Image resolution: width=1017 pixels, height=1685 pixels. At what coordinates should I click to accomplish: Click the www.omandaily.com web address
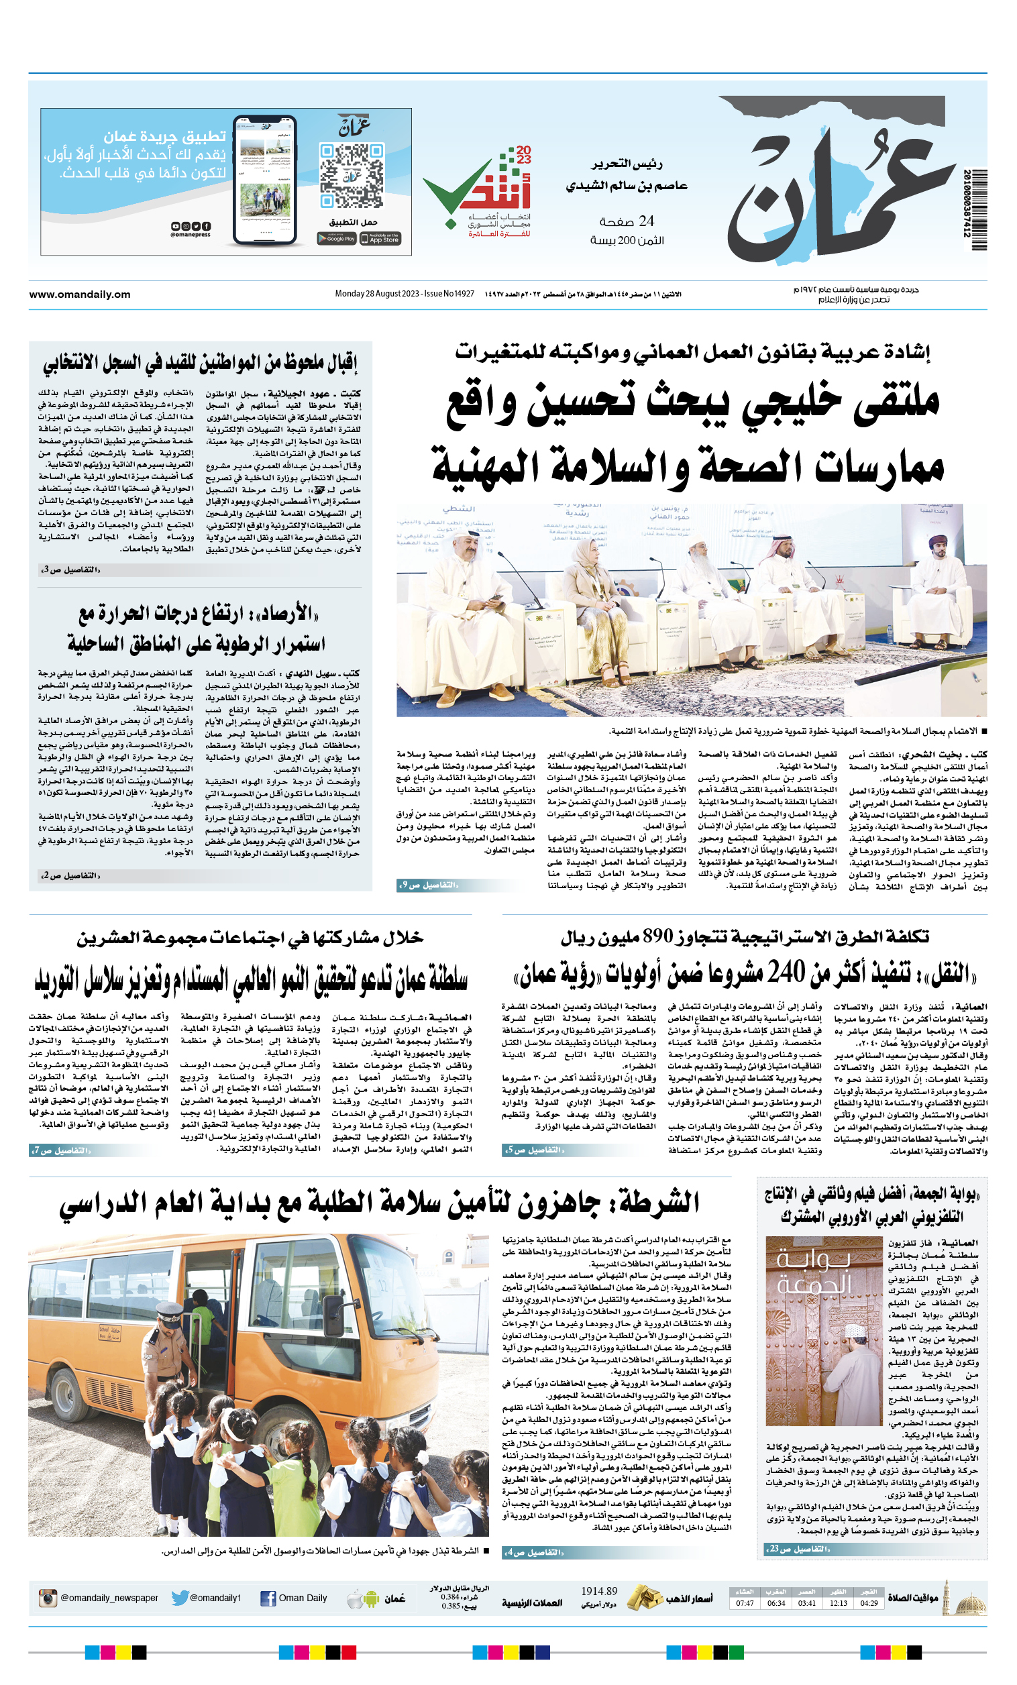[79, 294]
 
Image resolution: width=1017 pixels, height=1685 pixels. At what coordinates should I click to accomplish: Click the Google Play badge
[337, 238]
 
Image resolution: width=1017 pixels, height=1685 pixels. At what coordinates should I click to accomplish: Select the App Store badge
[380, 238]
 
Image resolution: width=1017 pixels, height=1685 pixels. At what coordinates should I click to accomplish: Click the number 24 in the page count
[646, 221]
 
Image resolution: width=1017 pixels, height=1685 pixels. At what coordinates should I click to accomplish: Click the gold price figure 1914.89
[599, 1590]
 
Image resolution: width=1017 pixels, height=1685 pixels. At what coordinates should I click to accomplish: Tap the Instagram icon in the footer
[47, 1598]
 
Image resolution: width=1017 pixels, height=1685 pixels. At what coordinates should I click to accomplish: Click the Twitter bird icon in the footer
[180, 1598]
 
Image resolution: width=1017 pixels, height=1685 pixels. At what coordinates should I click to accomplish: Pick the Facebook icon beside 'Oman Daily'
[268, 1598]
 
